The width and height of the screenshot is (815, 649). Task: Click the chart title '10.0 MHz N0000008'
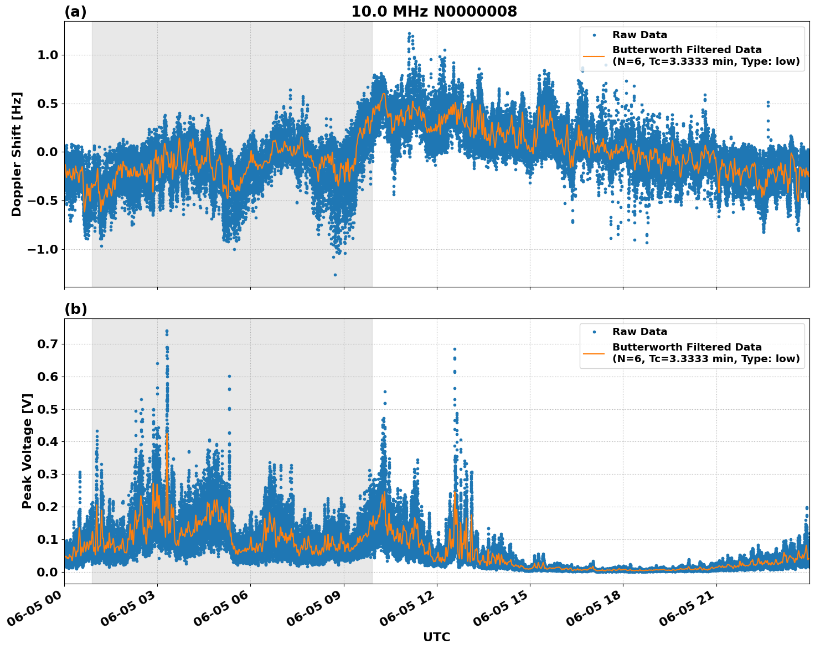pos(434,12)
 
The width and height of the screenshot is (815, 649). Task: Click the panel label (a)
pos(75,12)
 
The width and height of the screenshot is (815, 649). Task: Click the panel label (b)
pos(76,309)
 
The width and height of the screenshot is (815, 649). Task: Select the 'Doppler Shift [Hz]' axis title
pos(17,154)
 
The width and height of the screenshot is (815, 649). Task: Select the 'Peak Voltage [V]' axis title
pos(27,451)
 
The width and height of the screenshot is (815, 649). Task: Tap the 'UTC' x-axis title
pos(436,637)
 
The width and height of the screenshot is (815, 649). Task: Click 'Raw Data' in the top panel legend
pos(639,35)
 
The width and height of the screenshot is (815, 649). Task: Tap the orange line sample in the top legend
pos(594,56)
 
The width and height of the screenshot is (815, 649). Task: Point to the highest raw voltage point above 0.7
pos(167,331)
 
